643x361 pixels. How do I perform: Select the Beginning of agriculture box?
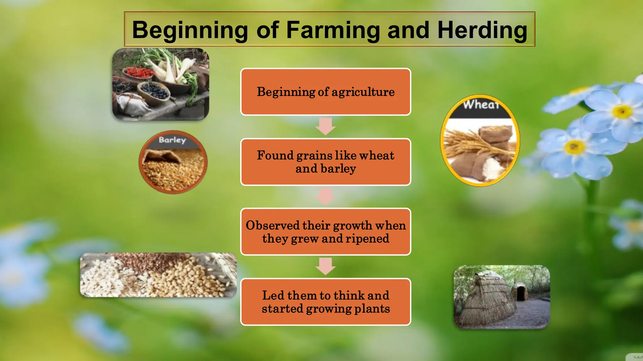(326, 92)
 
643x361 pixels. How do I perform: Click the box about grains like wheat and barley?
(326, 162)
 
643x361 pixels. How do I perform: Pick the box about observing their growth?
(326, 232)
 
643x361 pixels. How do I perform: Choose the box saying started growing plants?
(326, 302)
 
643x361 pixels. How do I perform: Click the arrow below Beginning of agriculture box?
(326, 126)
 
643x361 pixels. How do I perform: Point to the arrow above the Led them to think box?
(326, 266)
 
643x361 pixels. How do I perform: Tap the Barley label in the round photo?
(172, 140)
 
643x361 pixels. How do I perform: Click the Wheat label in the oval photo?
(481, 105)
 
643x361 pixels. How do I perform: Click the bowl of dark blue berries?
(154, 91)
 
